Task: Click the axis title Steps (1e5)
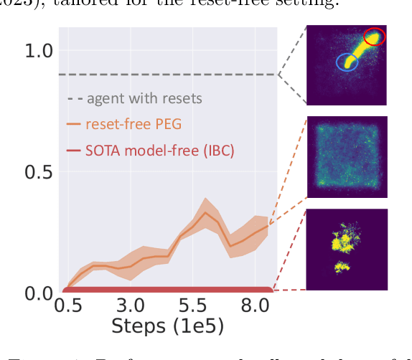(167, 328)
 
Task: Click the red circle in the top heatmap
(374, 36)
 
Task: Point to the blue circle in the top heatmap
(347, 63)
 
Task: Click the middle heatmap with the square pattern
(347, 156)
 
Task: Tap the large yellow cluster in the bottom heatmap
(343, 240)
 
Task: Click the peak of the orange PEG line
(205, 212)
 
